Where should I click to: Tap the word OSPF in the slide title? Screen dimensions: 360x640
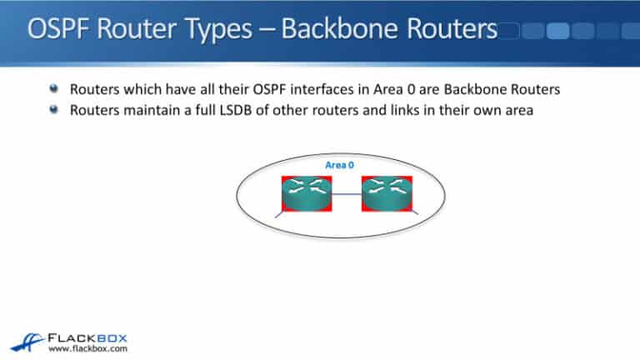pos(61,31)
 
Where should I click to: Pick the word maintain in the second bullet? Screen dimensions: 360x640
pos(142,107)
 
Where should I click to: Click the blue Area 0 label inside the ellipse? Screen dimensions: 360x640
pos(333,165)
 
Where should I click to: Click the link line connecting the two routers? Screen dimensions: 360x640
pos(346,194)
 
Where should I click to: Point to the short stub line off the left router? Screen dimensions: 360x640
pos(279,215)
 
